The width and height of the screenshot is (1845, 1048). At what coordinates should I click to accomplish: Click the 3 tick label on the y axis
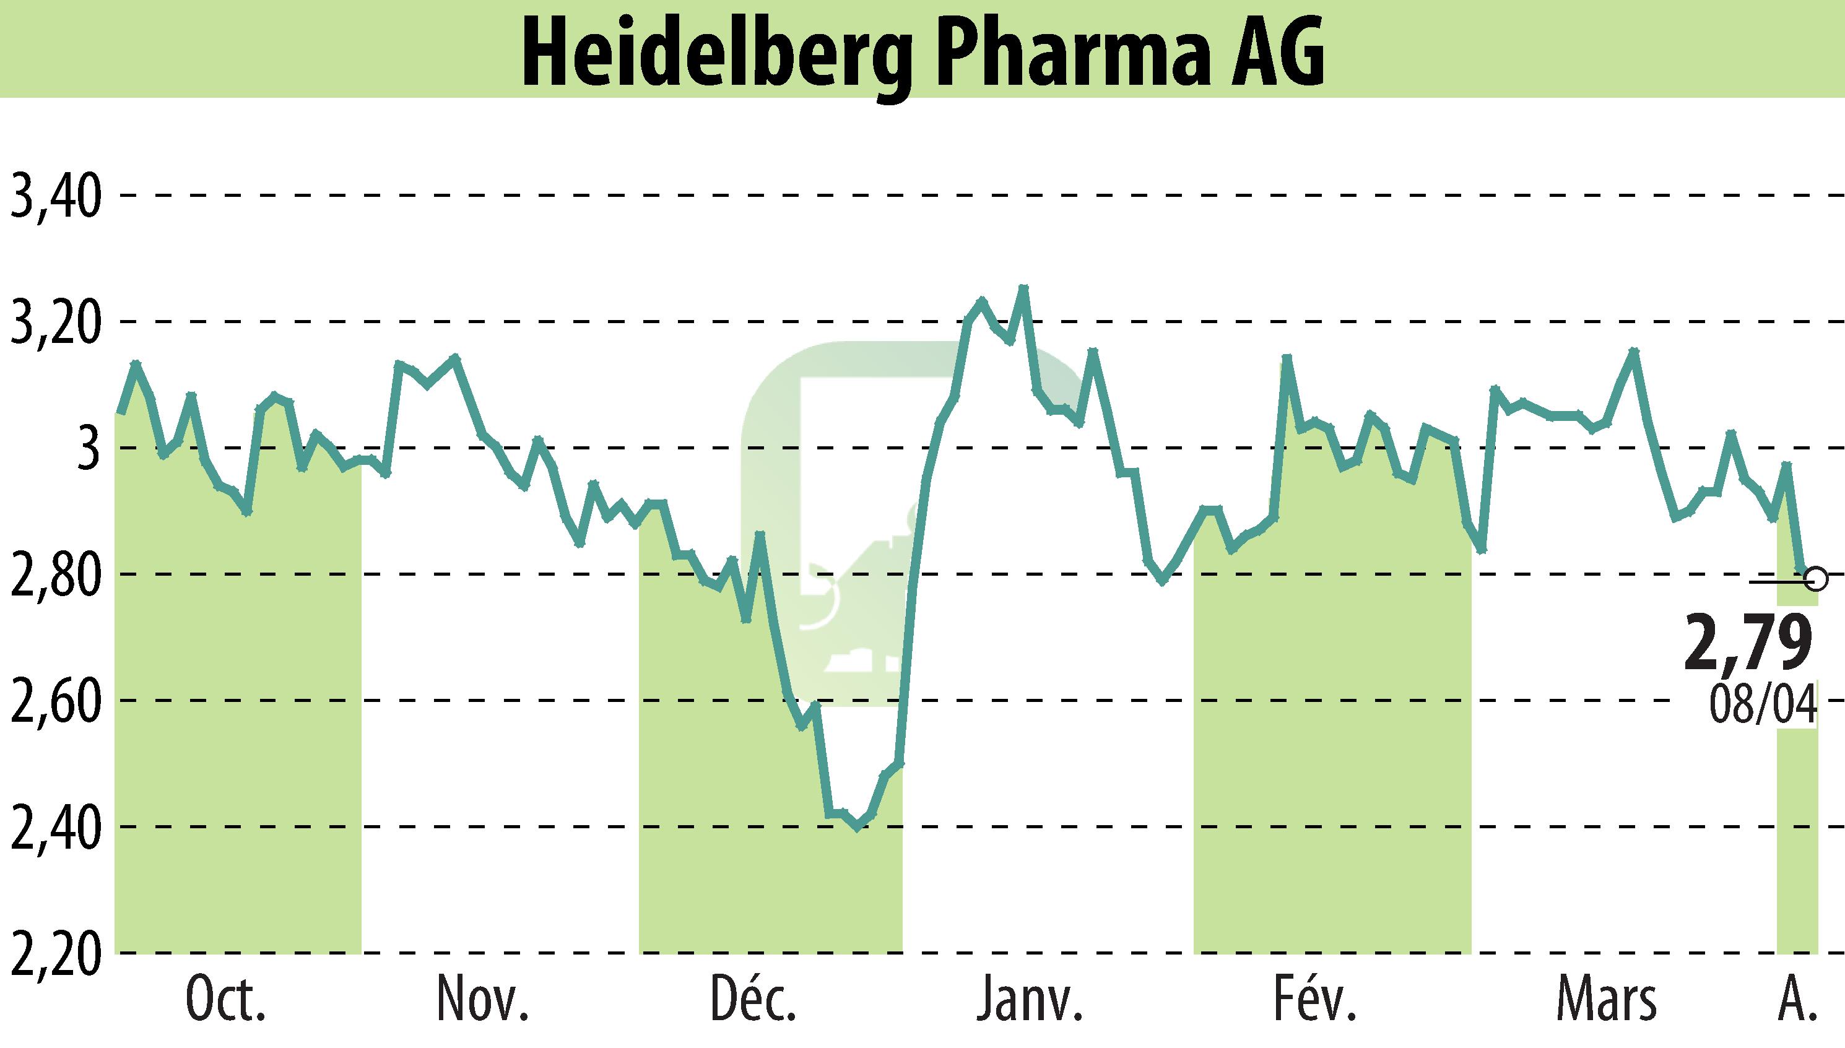[x=89, y=448]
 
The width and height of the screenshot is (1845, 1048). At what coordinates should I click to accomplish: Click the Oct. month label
[x=225, y=1000]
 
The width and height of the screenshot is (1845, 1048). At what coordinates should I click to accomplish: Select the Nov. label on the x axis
[x=483, y=1000]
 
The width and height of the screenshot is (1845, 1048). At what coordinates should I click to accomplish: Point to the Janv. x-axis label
[x=1030, y=1000]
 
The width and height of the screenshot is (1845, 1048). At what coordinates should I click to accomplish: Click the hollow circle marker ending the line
[x=1816, y=578]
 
